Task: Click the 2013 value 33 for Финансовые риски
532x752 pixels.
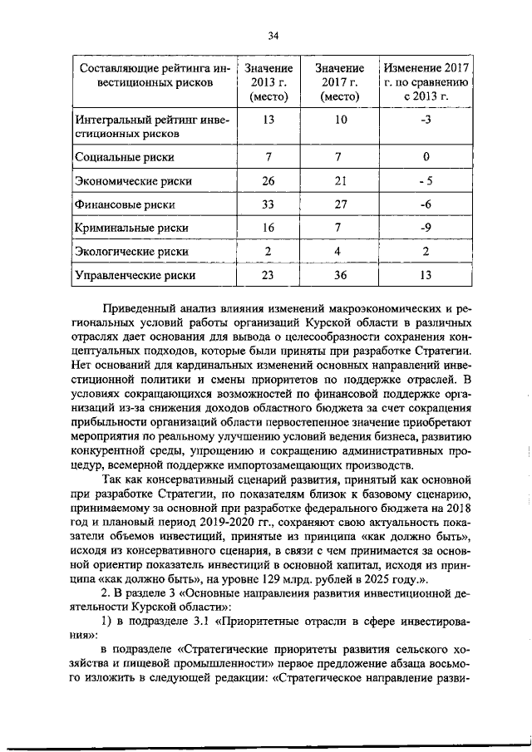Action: pos(268,204)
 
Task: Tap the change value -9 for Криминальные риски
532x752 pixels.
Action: pos(426,227)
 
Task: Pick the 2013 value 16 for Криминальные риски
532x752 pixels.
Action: pos(268,227)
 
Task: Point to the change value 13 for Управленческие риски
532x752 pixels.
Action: pos(426,274)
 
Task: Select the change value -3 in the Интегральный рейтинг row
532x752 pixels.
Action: pos(426,120)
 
